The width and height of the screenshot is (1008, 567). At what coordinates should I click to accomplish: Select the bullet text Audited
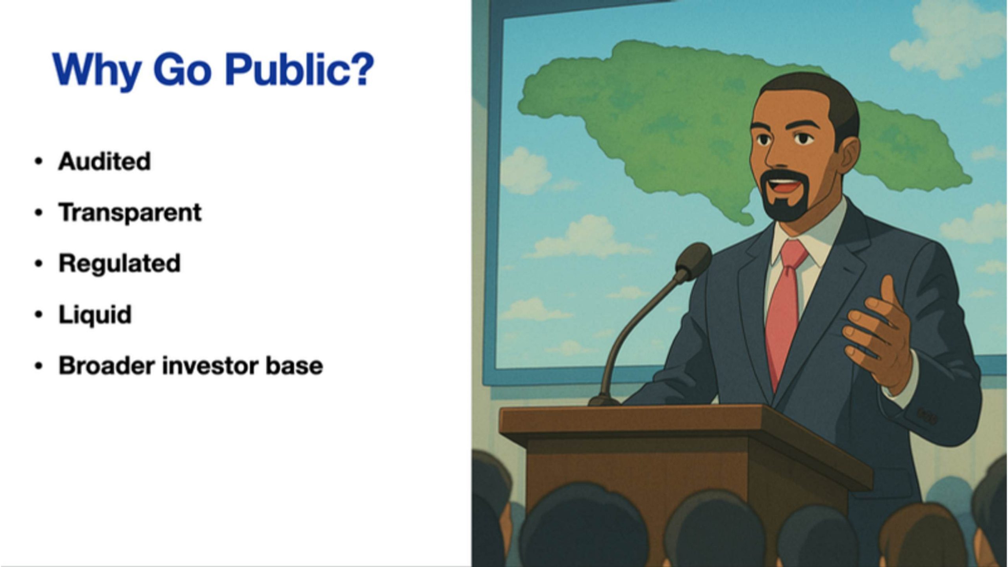(104, 161)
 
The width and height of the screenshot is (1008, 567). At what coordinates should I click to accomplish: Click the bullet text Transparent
(130, 213)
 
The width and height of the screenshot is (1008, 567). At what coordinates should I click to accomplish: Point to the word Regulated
(119, 264)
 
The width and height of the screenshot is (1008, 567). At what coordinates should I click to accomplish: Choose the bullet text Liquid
(95, 315)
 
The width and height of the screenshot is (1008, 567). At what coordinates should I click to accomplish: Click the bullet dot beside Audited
(38, 161)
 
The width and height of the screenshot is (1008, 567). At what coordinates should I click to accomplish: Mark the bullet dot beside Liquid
(38, 315)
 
